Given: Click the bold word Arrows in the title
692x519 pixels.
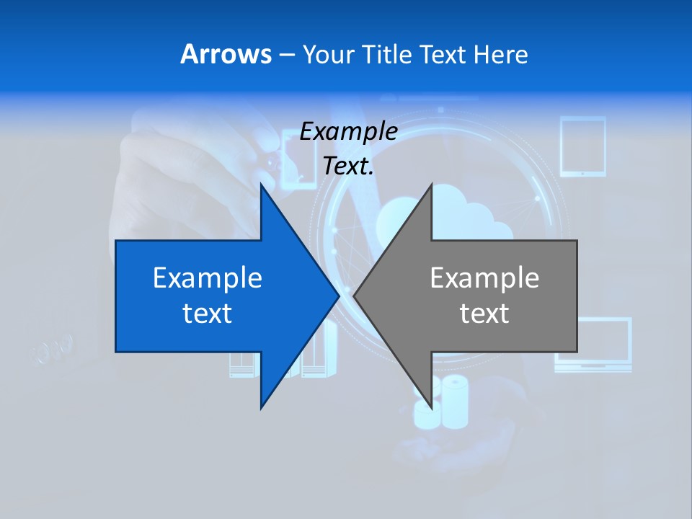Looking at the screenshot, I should [x=226, y=54].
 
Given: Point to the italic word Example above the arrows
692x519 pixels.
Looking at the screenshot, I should [x=348, y=132].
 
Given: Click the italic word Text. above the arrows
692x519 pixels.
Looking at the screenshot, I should [x=348, y=166].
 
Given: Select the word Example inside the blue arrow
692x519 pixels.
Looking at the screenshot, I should [x=208, y=278].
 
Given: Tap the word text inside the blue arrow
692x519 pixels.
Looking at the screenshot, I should [x=208, y=314].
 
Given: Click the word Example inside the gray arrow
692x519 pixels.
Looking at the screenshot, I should [x=484, y=278].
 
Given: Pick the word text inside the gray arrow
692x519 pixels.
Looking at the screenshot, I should [x=484, y=314].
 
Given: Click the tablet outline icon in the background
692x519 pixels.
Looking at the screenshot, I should [x=582, y=147].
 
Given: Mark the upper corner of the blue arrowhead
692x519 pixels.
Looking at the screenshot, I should [x=262, y=185].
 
